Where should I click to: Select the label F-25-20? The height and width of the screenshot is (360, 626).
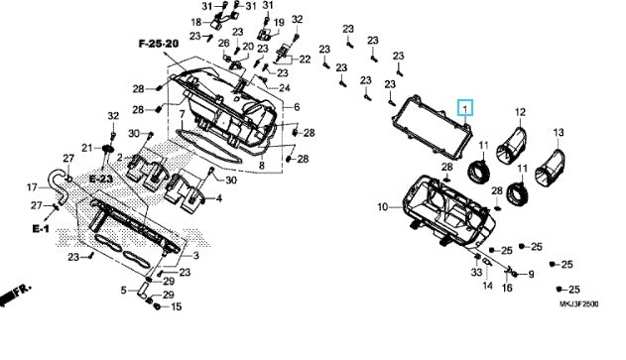coord(158,46)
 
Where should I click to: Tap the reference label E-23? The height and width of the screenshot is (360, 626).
coord(100,178)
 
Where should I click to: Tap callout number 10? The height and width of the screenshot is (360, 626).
coord(383,207)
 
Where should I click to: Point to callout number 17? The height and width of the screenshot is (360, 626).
coord(33,186)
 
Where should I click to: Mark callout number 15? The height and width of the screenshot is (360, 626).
coord(177,306)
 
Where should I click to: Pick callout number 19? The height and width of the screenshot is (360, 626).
coord(279,22)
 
